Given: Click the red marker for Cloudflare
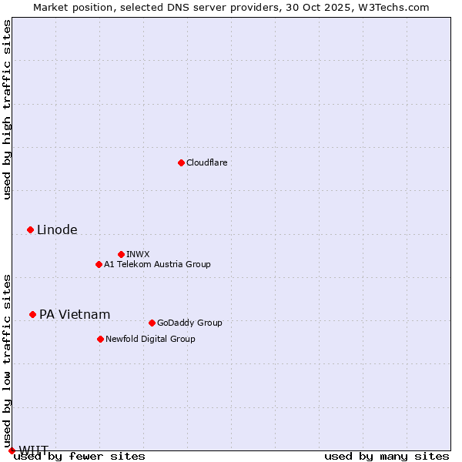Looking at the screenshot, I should pyautogui.click(x=181, y=162).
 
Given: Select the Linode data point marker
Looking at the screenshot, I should pyautogui.click(x=30, y=229).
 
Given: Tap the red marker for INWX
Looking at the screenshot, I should pyautogui.click(x=121, y=254).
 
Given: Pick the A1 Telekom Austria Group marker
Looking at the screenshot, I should pyautogui.click(x=99, y=264).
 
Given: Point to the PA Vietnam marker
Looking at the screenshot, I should pyautogui.click(x=32, y=314).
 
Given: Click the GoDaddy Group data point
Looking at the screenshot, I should pyautogui.click(x=152, y=323).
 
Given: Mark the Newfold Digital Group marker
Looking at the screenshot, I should pyautogui.click(x=100, y=339).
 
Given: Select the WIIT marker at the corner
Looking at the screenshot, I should pyautogui.click(x=12, y=450).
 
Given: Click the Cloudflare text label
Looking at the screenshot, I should pyautogui.click(x=207, y=162).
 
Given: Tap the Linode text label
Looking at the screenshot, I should pyautogui.click(x=57, y=229).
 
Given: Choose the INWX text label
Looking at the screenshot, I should pyautogui.click(x=138, y=254).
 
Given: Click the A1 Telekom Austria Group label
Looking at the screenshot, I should pyautogui.click(x=157, y=264).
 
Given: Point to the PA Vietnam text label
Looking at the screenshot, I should pyautogui.click(x=75, y=314).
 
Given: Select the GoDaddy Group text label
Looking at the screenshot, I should pyautogui.click(x=189, y=323).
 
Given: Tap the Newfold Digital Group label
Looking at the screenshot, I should pyautogui.click(x=150, y=339).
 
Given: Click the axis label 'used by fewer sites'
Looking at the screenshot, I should pyautogui.click(x=80, y=456).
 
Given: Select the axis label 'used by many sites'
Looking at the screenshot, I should pyautogui.click(x=387, y=456).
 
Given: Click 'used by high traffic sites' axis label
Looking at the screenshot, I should pyautogui.click(x=8, y=109).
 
